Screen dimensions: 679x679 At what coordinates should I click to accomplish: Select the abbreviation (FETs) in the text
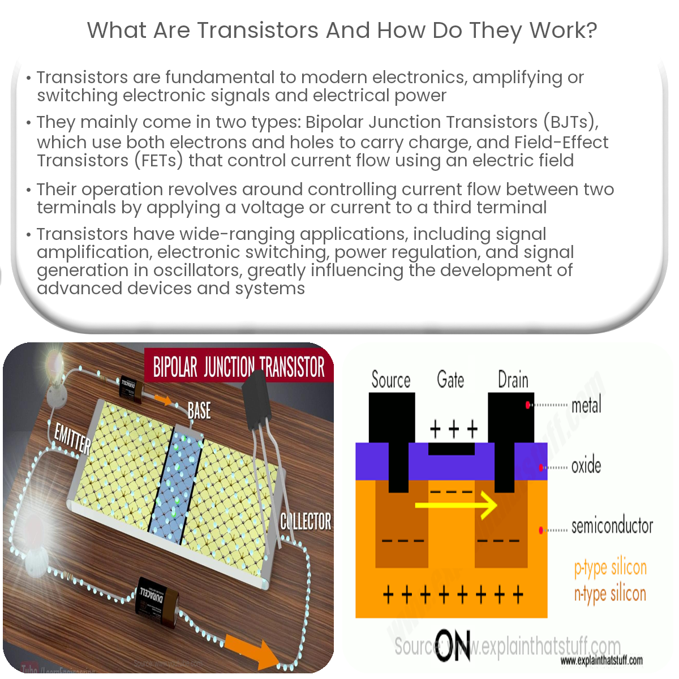(158, 161)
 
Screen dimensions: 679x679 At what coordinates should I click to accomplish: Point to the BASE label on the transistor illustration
(199, 410)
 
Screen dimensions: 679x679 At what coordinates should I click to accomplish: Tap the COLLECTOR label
(306, 521)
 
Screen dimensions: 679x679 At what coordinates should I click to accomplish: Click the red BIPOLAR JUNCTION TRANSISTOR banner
(239, 367)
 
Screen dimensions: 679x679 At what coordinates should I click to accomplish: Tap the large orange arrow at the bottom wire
(249, 648)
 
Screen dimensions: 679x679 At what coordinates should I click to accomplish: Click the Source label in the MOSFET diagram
(390, 380)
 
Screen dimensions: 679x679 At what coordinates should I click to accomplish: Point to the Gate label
(450, 380)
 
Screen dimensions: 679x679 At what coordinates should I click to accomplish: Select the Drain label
(513, 380)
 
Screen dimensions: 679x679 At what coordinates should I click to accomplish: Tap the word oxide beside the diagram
(586, 466)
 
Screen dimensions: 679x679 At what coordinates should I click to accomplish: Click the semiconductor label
(612, 526)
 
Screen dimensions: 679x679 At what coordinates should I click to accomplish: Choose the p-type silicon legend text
(610, 568)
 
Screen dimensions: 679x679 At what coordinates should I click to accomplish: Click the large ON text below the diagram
(454, 646)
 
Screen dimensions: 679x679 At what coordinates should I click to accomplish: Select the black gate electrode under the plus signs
(452, 449)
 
